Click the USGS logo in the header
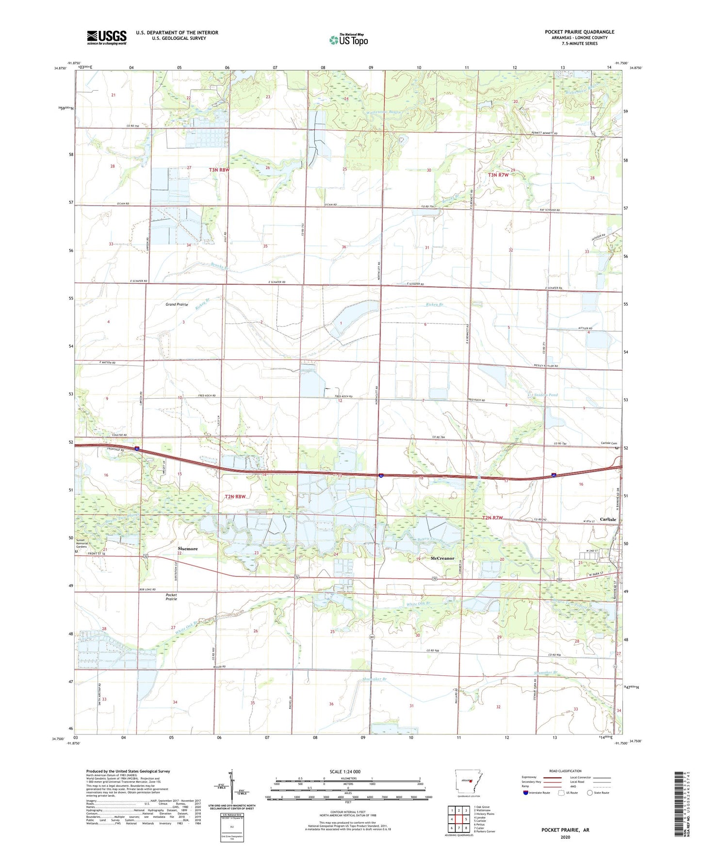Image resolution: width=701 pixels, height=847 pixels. coord(106,37)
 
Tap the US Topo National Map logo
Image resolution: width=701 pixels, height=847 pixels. coord(348,39)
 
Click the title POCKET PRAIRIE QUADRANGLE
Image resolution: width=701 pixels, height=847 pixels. coord(579,32)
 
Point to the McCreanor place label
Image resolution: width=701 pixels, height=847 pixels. coord(442,558)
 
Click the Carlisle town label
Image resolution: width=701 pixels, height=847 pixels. coord(608,519)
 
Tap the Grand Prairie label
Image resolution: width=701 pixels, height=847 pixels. coord(177,305)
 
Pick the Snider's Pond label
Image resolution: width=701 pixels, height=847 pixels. coord(546,395)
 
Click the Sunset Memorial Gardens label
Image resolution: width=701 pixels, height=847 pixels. coord(82,543)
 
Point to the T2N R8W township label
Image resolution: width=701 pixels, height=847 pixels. coord(235,497)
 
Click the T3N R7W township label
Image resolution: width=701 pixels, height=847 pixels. coord(498,175)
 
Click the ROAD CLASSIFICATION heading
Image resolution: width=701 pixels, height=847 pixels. coord(565,771)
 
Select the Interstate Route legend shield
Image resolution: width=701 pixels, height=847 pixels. coord(526,793)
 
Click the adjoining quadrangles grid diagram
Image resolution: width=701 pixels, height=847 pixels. coord(458,819)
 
